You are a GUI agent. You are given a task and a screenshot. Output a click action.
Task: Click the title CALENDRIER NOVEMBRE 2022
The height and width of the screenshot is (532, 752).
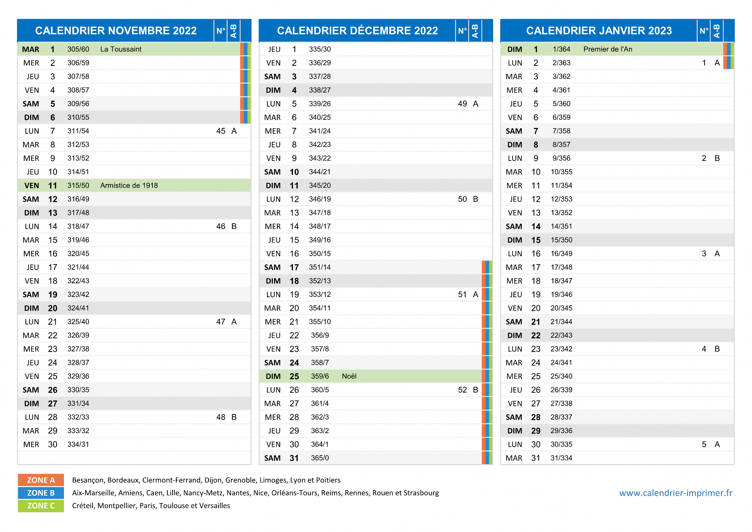[116, 30]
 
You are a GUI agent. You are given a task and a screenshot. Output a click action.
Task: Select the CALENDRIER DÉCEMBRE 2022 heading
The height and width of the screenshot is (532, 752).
[357, 30]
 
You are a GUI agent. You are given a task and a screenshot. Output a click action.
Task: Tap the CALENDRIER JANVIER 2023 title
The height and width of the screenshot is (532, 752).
[599, 30]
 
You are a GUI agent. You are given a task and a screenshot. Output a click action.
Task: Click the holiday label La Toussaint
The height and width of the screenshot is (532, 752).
[121, 49]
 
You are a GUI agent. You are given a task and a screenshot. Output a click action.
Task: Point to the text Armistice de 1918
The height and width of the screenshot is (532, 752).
[129, 186]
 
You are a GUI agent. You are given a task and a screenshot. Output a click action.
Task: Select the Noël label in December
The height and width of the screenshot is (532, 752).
[349, 376]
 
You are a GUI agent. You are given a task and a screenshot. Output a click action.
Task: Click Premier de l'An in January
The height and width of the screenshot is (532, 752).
[608, 49]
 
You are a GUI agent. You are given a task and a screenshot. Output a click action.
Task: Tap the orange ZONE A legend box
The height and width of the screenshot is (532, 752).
[41, 480]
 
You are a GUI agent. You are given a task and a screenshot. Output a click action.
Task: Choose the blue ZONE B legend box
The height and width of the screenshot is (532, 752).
[41, 493]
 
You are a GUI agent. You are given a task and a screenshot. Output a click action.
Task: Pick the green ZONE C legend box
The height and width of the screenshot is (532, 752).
[41, 506]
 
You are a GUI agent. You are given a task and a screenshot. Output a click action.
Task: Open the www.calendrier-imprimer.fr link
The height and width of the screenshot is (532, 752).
[676, 493]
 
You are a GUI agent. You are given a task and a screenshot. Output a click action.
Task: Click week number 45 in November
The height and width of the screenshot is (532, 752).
[221, 131]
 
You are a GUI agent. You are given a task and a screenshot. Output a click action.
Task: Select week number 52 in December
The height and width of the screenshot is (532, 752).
[462, 390]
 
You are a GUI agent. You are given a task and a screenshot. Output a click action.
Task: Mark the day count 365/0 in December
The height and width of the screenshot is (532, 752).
[320, 458]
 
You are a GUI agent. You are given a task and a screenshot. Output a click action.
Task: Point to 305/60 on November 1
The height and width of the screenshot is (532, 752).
[78, 49]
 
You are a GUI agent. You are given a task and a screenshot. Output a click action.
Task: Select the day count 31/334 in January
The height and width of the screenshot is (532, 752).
[561, 458]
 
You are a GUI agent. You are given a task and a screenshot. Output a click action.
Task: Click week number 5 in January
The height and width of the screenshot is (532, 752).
[704, 445]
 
